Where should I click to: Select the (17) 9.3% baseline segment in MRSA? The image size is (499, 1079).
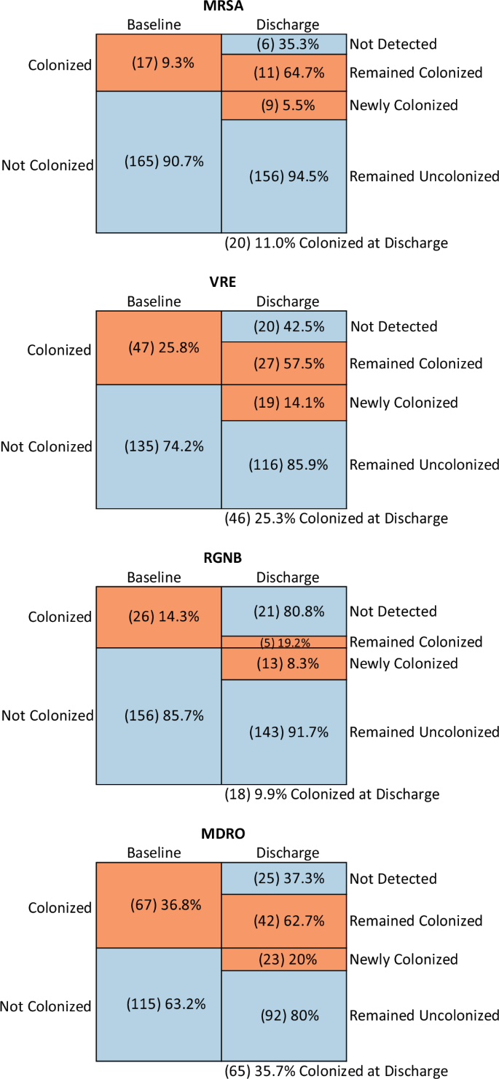(x=159, y=63)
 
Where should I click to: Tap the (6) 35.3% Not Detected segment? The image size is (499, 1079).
(x=283, y=44)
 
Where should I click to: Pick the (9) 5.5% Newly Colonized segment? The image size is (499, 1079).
(x=283, y=105)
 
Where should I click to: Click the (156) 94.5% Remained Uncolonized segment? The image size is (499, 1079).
(x=283, y=176)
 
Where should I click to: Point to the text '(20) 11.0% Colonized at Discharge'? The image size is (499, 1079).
(x=336, y=243)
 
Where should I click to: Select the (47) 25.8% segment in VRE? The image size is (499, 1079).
(x=159, y=347)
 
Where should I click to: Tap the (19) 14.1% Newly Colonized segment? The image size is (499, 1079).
(x=283, y=403)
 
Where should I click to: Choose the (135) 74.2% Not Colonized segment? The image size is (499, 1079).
(x=159, y=446)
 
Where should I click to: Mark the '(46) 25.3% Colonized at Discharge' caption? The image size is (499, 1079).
(x=336, y=518)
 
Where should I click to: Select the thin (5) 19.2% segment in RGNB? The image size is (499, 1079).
(x=283, y=642)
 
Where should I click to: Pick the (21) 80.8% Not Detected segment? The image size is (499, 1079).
(x=283, y=612)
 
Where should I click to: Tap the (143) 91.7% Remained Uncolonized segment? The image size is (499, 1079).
(x=283, y=732)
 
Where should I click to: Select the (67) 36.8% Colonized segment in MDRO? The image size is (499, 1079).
(x=159, y=905)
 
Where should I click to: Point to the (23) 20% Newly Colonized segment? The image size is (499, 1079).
(x=283, y=960)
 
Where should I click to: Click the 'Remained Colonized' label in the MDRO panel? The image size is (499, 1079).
(x=416, y=921)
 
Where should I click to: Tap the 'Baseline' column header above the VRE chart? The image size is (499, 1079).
(x=154, y=301)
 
